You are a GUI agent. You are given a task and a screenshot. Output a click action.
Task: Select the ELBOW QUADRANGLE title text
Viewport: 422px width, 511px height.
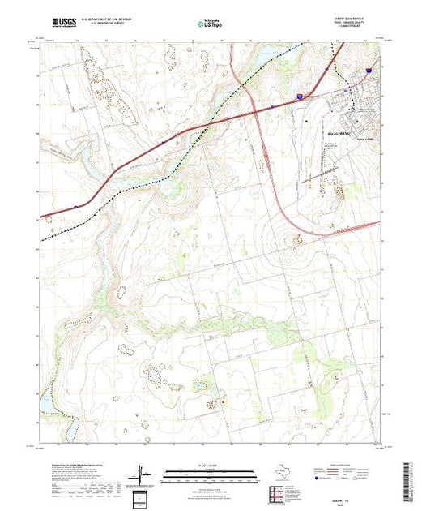(x=359, y=18)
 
